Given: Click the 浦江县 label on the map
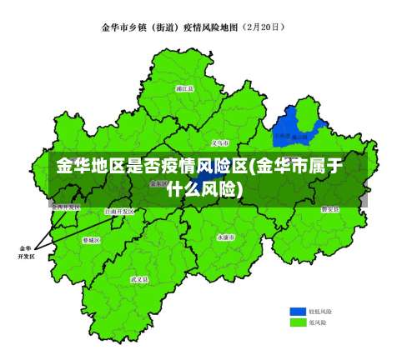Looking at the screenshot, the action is coord(185,87).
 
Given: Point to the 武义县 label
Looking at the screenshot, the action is coord(139,280).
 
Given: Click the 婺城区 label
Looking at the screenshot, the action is coord(91,240).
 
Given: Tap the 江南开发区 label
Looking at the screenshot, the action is coord(118,212).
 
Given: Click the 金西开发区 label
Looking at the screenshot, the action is coord(65,206).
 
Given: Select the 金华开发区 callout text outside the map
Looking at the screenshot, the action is coord(25,252).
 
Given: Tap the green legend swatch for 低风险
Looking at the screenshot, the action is coord(298,322).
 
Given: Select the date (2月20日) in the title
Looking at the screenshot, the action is coord(262,27).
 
